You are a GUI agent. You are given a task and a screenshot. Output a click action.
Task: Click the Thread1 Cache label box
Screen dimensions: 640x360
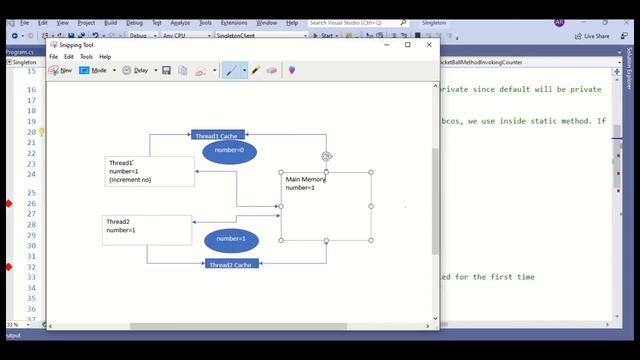(x=218, y=135)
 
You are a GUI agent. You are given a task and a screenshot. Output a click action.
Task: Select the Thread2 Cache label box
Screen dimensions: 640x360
(x=232, y=264)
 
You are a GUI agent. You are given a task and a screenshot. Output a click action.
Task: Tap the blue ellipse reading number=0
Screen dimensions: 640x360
(x=230, y=151)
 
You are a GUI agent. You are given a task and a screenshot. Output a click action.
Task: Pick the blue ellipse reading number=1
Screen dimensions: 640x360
(x=231, y=239)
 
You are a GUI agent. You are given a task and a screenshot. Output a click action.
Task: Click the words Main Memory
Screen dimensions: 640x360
(x=306, y=180)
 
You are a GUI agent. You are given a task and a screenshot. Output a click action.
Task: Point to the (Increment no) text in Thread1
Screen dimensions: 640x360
(x=130, y=180)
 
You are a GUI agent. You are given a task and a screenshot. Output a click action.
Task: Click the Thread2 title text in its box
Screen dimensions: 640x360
(x=118, y=221)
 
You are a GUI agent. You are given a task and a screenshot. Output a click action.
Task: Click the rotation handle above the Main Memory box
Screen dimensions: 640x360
(x=326, y=156)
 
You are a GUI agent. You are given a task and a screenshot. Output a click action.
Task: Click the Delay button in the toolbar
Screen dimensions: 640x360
(x=137, y=71)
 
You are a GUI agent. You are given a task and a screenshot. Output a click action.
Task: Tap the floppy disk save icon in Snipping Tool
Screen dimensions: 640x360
(x=167, y=71)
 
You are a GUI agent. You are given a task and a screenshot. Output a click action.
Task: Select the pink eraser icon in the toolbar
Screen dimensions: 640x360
(x=271, y=71)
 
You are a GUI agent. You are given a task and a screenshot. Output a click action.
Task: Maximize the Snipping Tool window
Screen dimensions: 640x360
(x=407, y=44)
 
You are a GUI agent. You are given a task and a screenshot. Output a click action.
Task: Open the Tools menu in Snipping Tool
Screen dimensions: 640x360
(x=86, y=57)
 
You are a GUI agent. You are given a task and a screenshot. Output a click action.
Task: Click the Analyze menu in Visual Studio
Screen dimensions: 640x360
(x=179, y=22)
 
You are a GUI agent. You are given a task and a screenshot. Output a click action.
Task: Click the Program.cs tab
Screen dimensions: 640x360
(x=21, y=50)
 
